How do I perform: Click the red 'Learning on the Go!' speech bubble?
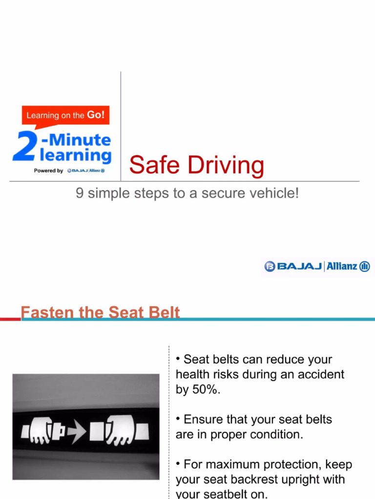coord(65,115)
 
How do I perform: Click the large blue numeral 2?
coord(24,146)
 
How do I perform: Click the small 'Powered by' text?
coord(48,171)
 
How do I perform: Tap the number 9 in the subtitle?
coord(80,193)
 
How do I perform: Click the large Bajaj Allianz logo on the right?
coord(317,266)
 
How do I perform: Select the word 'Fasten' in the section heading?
coord(44,312)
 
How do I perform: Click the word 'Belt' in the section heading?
coord(163,312)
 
